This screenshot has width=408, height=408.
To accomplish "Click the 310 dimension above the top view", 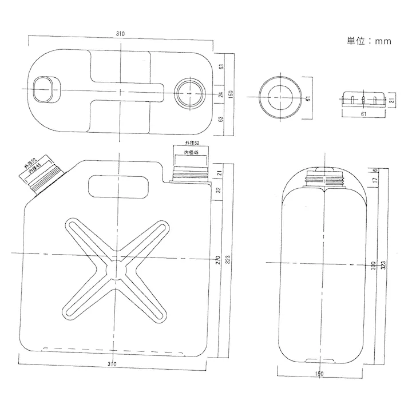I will click(x=120, y=34).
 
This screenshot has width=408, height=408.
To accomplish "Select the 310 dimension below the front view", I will click(x=112, y=365).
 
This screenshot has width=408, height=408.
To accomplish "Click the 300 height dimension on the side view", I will click(x=373, y=267).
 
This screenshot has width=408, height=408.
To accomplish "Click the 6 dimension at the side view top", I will click(x=374, y=171).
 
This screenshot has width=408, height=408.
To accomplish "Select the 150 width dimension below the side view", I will click(x=319, y=373).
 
